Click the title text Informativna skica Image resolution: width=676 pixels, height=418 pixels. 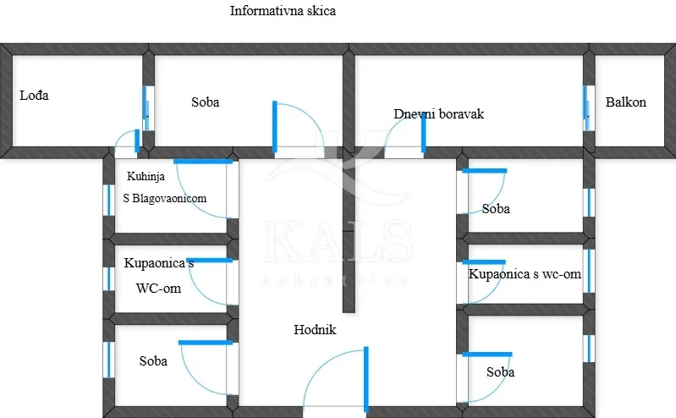pyautogui.click(x=283, y=11)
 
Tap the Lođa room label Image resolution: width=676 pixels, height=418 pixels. pyautogui.click(x=34, y=96)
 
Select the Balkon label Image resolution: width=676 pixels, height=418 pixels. pyautogui.click(x=625, y=102)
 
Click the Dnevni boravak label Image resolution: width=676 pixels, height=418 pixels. pyautogui.click(x=438, y=114)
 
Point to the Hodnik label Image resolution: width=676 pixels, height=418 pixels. pyautogui.click(x=315, y=329)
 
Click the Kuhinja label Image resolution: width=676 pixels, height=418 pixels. pyautogui.click(x=146, y=176)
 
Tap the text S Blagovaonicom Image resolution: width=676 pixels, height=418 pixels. pyautogui.click(x=165, y=199)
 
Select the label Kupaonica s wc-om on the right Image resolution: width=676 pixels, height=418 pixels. pyautogui.click(x=525, y=274)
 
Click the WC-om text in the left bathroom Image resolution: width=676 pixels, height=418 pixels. pyautogui.click(x=158, y=289)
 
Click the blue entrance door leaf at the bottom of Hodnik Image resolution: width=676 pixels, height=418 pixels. pyautogui.click(x=366, y=379)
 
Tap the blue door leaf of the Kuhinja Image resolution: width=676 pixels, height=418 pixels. pyautogui.click(x=203, y=162)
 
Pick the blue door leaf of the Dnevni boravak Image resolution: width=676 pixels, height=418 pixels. pyautogui.click(x=423, y=134)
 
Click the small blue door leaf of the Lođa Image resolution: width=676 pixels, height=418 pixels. pyautogui.click(x=137, y=140)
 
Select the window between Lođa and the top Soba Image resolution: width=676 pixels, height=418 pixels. pyautogui.click(x=146, y=108)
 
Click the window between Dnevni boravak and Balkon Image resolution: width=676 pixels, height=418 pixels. pyautogui.click(x=587, y=108)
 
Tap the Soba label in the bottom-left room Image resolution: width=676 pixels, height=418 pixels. pyautogui.click(x=153, y=361)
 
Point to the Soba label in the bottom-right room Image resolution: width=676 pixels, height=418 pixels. pyautogui.click(x=500, y=371)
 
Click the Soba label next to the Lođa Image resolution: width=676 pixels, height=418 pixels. pyautogui.click(x=206, y=102)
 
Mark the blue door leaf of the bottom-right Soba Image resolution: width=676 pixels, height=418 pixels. pyautogui.click(x=487, y=355)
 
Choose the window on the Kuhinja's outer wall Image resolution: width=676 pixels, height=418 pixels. pyautogui.click(x=109, y=201)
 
